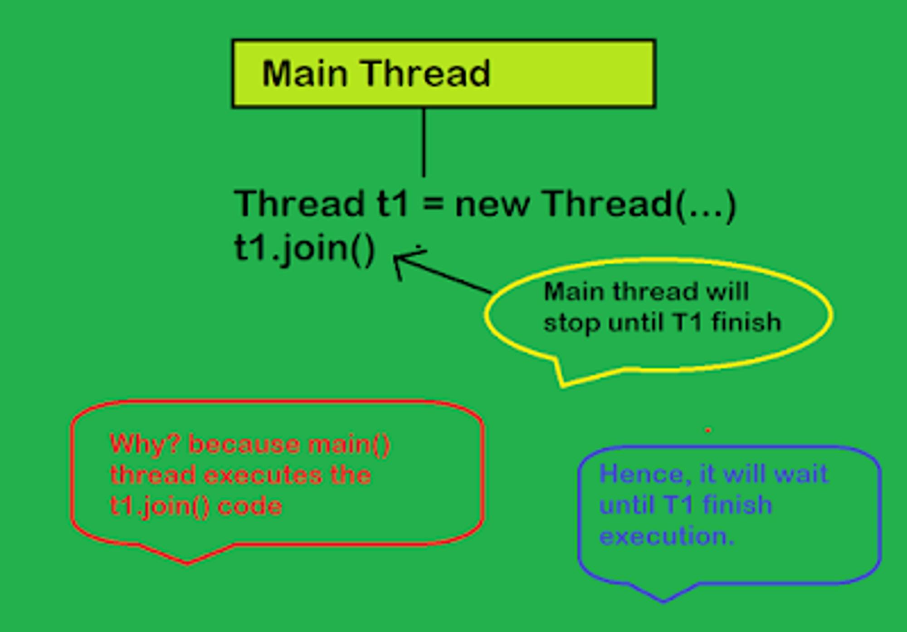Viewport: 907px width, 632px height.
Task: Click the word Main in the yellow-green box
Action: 305,73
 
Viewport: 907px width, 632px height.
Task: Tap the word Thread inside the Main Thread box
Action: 426,73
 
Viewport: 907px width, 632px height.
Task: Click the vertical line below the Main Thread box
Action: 424,142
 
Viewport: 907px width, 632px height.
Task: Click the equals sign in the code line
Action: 433,203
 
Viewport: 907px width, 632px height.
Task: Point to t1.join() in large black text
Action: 305,249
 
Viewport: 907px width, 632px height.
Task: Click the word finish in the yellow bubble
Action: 746,322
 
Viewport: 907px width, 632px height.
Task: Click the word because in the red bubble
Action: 244,444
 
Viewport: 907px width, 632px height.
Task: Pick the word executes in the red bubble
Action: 263,475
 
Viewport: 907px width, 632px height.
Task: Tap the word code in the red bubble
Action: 250,506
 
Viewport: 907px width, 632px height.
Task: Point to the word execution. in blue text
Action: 667,536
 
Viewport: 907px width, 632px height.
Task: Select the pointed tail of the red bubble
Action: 187,563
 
